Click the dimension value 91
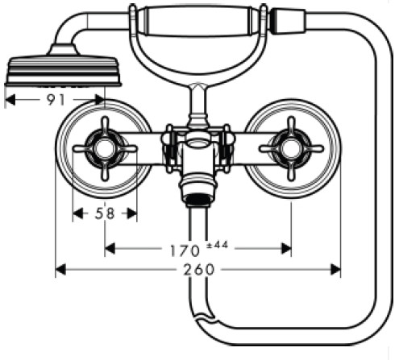56,100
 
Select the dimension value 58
105,213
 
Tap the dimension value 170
185,251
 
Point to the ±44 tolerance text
218,245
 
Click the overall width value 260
199,270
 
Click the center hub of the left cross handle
105,148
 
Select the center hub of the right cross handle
291,148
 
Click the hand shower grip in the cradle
198,22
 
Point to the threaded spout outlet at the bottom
198,201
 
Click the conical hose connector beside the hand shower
288,21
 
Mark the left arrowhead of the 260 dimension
60,270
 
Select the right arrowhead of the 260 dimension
335,270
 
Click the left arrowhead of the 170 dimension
110,249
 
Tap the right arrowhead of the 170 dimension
286,249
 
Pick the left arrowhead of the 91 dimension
10,100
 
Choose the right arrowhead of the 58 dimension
132,213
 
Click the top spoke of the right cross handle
291,127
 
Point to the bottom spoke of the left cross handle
105,170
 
